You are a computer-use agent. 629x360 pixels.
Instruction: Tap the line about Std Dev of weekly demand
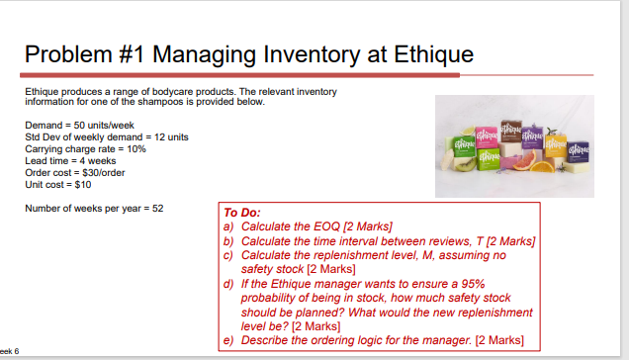(106, 135)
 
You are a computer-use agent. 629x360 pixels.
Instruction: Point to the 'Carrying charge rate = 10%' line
(85, 147)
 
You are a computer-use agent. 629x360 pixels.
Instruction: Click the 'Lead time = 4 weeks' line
(70, 159)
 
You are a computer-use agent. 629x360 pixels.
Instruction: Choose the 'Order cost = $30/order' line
(75, 171)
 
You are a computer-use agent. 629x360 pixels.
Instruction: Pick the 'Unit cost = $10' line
(58, 183)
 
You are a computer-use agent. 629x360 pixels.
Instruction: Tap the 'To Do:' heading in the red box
(243, 213)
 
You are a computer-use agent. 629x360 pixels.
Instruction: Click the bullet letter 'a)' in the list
(229, 226)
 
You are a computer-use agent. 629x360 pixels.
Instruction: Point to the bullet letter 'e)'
(229, 340)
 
